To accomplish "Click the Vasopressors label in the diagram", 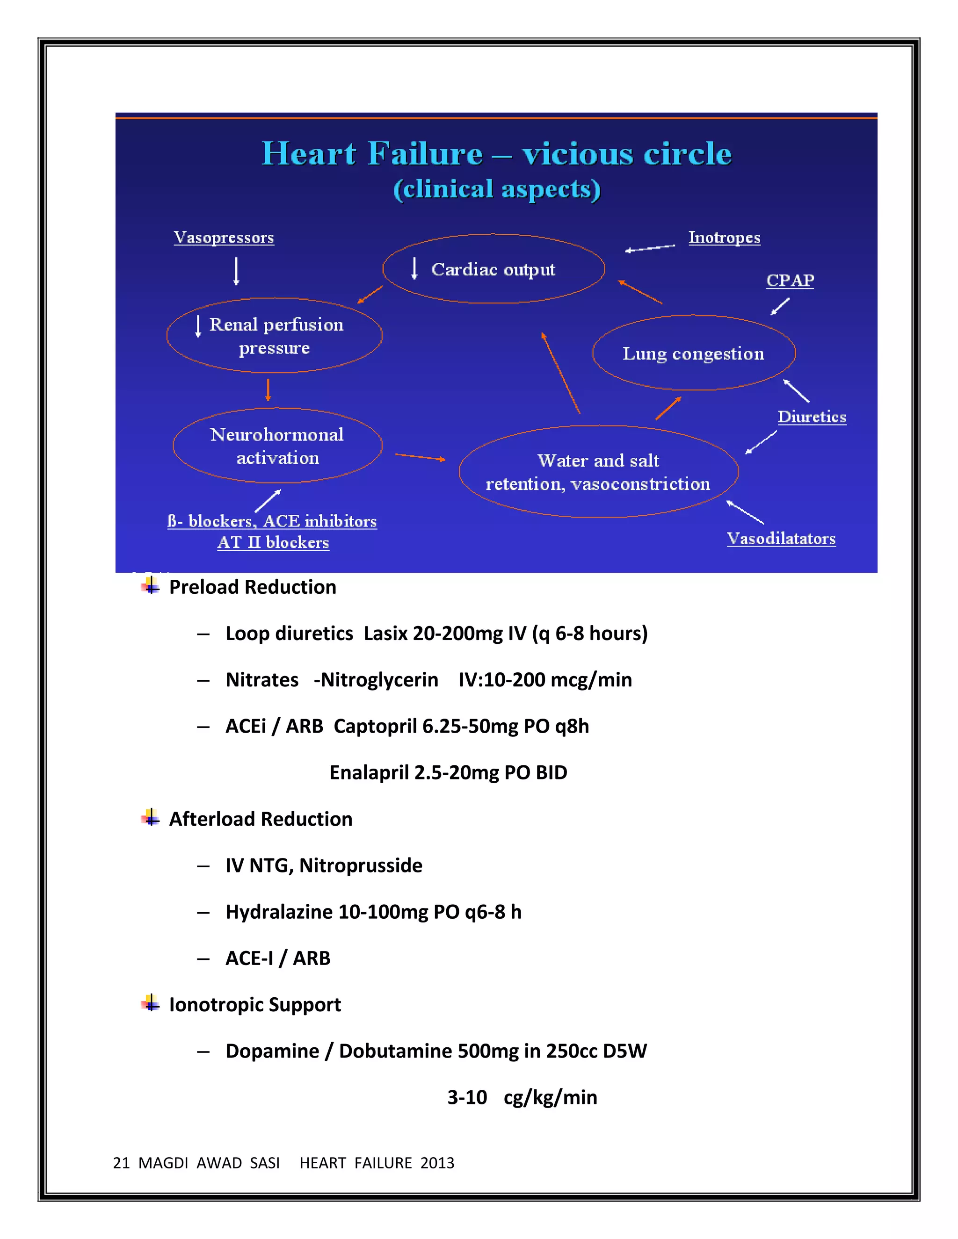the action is pos(224,237).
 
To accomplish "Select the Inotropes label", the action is pos(724,237).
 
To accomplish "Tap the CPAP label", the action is pos(790,280).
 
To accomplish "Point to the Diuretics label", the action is pos(812,417).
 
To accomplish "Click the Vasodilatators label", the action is pos(781,538).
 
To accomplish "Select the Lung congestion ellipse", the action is pos(694,353).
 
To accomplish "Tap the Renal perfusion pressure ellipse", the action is pos(275,335).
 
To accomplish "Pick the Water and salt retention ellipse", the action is pos(598,471).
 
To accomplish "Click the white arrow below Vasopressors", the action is pos(237,271).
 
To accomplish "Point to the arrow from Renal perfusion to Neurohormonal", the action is pos(268,390).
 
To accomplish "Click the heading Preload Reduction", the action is pos(253,587).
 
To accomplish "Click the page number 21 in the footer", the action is pos(122,1163).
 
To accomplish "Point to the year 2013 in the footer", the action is pos(437,1163).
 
